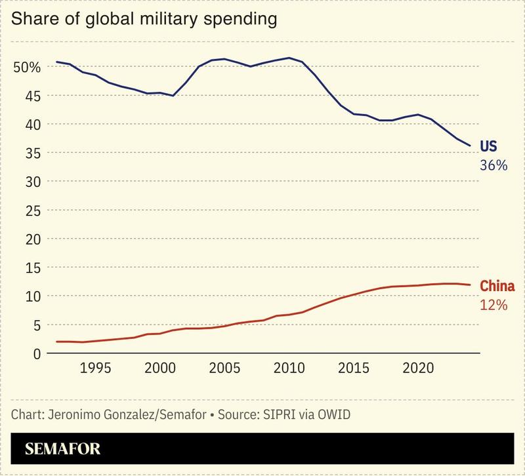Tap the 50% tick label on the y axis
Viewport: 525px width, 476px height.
click(x=28, y=67)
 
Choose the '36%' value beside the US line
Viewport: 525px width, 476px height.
click(x=494, y=166)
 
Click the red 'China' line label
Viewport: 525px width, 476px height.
click(x=497, y=286)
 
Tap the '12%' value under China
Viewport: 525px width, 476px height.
click(x=493, y=305)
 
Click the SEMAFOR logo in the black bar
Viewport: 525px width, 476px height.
click(x=63, y=450)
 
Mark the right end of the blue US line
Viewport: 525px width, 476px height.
click(x=470, y=146)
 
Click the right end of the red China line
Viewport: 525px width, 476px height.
click(x=470, y=285)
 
